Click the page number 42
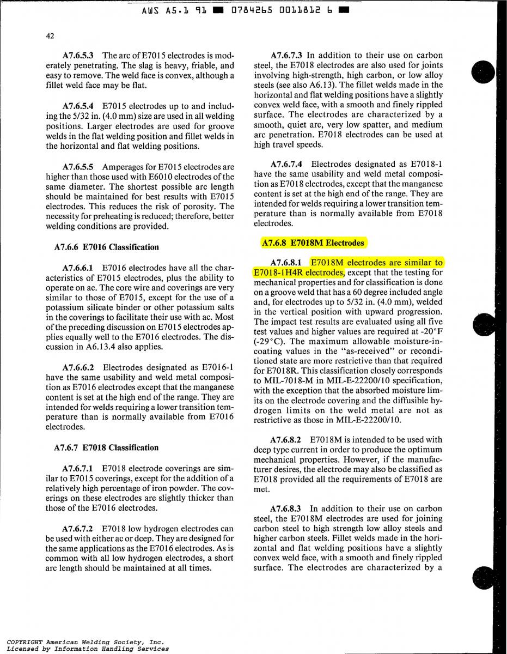point(50,36)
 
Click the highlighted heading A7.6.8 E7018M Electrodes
point(313,243)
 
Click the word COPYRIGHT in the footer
point(25,643)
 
